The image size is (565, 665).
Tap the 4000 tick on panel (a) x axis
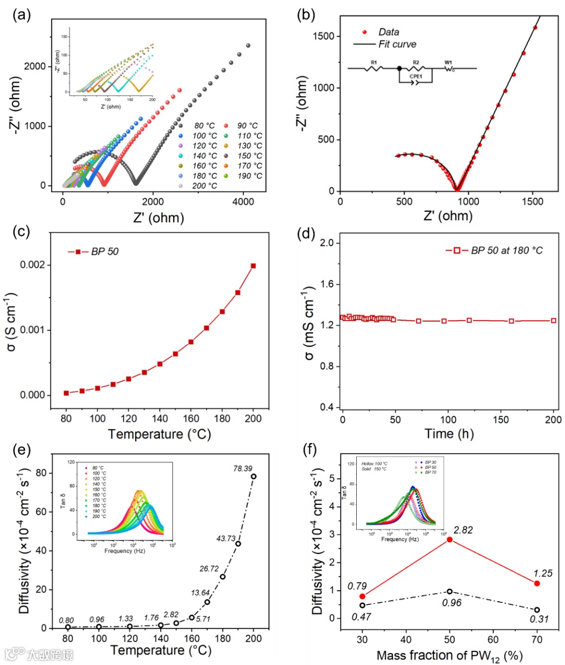(243, 201)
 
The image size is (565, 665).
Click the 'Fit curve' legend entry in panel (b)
(397, 44)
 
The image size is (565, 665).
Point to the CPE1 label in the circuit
(416, 76)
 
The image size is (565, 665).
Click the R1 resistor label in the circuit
(374, 63)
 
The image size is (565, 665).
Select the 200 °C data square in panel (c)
(254, 266)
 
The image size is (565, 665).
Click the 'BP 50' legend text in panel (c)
(105, 252)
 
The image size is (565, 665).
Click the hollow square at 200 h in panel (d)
(553, 320)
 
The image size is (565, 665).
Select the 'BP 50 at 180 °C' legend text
(506, 251)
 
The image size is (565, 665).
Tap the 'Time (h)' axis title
(447, 434)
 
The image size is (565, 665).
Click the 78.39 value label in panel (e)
(243, 468)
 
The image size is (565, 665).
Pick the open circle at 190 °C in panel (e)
(238, 544)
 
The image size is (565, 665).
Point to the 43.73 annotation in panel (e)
(226, 538)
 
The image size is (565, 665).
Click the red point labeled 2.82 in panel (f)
(449, 539)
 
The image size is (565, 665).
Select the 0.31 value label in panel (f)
(539, 619)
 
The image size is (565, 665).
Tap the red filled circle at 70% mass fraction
(537, 583)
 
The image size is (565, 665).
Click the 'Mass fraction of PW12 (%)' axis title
(449, 656)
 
